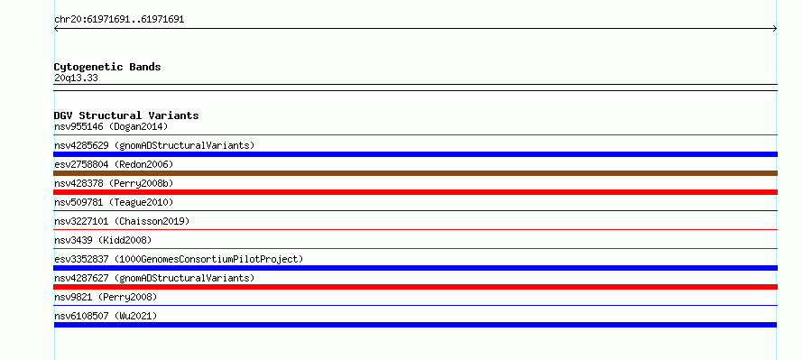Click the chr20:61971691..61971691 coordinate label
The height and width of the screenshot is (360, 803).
click(x=119, y=20)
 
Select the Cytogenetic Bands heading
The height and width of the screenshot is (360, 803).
click(x=107, y=67)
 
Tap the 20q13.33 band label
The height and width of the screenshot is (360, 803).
click(x=76, y=78)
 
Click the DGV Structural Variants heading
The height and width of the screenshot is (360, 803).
click(x=126, y=115)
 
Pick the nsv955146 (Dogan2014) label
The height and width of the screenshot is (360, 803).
click(x=111, y=126)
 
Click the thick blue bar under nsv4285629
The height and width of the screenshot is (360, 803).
click(x=415, y=154)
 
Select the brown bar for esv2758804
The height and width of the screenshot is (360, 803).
click(x=415, y=173)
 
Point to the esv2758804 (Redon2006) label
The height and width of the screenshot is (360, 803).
click(x=114, y=164)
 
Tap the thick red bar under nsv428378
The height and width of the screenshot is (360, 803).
click(x=415, y=192)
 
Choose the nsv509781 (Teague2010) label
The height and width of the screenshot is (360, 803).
click(x=114, y=202)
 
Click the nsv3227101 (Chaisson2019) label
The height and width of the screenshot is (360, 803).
click(x=122, y=221)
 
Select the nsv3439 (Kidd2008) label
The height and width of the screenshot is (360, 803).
click(x=103, y=240)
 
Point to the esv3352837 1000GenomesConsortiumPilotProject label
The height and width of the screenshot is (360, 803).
click(x=179, y=259)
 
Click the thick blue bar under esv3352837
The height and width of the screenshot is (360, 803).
click(x=415, y=268)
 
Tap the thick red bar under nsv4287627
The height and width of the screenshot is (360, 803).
click(x=415, y=287)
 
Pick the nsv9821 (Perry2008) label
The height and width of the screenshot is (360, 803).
click(x=106, y=297)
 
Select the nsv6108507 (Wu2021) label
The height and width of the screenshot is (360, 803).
click(x=106, y=316)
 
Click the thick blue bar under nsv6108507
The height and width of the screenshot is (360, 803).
click(x=415, y=325)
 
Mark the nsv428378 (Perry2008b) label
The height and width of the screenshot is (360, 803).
click(x=114, y=183)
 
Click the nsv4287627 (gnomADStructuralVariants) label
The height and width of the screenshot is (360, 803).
click(x=154, y=278)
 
